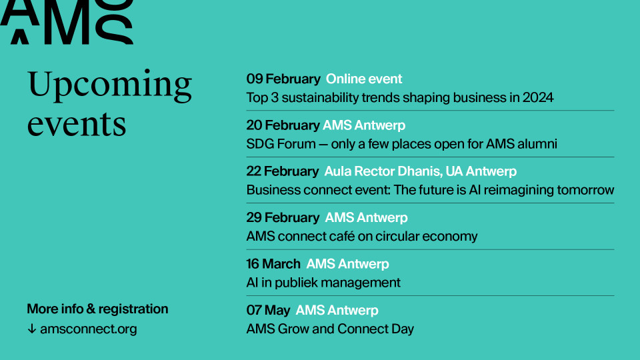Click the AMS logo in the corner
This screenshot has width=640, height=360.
tap(66, 21)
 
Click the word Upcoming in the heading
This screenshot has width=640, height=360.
tap(109, 85)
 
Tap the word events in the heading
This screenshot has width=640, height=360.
tap(76, 125)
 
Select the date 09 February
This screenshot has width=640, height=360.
tap(283, 79)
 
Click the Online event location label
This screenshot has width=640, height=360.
tap(364, 79)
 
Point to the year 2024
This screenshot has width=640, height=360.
tap(538, 97)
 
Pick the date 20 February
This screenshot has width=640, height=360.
tap(283, 125)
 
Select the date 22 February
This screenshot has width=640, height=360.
tap(283, 171)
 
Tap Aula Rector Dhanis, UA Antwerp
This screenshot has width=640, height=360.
tap(421, 171)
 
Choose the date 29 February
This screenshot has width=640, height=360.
tap(283, 217)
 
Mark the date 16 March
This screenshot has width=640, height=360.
tap(273, 264)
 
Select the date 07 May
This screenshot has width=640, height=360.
tap(268, 311)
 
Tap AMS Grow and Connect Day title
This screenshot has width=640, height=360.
tap(330, 329)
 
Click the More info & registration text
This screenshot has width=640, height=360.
tap(97, 309)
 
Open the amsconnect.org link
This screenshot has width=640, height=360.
tap(89, 329)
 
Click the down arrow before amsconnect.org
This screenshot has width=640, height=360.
tap(32, 329)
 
